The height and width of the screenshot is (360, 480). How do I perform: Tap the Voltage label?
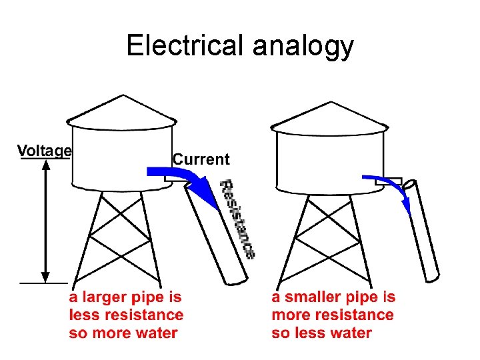[x=44, y=151]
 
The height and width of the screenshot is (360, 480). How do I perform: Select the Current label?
[x=201, y=159]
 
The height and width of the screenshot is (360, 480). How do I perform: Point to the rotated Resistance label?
[x=238, y=219]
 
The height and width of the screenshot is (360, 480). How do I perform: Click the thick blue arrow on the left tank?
[x=179, y=177]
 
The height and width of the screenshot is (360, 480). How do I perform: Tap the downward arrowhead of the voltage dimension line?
[x=45, y=275]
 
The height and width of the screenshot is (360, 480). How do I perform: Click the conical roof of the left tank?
[x=122, y=111]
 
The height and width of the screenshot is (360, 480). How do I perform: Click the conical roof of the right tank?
[x=330, y=115]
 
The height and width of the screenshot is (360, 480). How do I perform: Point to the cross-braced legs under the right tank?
[x=330, y=237]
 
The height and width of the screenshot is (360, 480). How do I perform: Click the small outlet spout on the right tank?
[x=393, y=181]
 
